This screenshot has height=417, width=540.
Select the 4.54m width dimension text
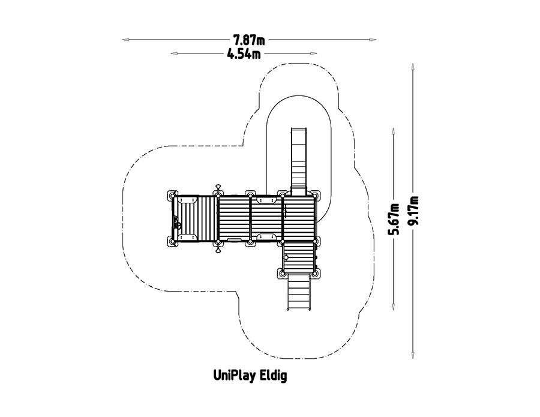pos(244,54)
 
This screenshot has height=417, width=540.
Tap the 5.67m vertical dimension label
pos(394,219)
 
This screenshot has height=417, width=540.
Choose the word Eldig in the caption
pos(274,376)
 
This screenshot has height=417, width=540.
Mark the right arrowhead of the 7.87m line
pos(373,40)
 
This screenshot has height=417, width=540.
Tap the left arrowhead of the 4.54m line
pos(175,53)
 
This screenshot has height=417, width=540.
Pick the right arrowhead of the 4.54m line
pos(313,53)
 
